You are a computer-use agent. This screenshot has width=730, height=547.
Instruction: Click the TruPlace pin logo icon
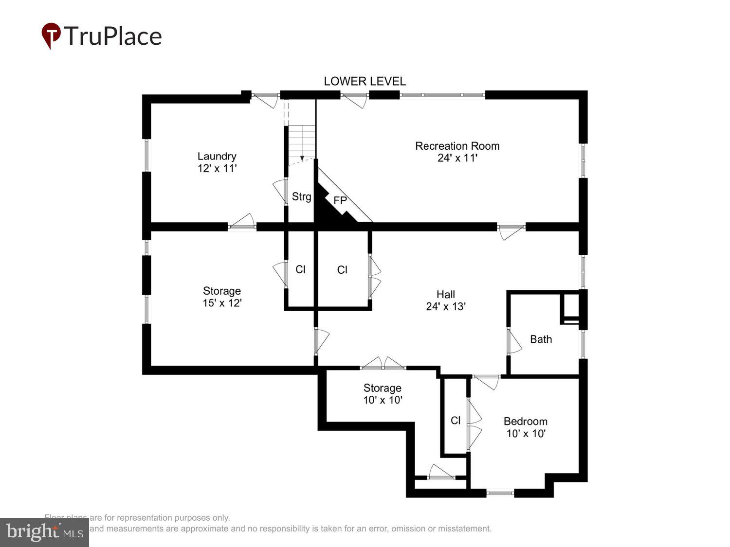tap(51, 35)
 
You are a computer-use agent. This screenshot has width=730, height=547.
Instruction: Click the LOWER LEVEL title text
tap(365, 81)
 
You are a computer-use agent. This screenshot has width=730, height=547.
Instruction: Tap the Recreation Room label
tap(457, 146)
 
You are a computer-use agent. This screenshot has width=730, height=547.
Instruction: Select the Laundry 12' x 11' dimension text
tap(217, 168)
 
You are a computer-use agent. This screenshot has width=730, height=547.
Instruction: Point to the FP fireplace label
tap(340, 200)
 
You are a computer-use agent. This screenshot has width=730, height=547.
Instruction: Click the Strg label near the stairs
tap(301, 196)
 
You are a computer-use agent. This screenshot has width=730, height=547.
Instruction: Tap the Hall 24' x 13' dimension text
tap(446, 306)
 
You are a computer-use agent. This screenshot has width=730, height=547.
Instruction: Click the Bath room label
tap(541, 339)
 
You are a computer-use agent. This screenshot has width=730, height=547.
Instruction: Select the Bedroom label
tap(525, 422)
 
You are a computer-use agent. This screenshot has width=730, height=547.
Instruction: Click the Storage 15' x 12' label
tap(222, 297)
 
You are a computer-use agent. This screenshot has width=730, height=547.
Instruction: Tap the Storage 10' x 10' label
tap(383, 394)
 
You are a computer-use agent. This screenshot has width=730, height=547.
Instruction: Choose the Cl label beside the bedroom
tap(456, 421)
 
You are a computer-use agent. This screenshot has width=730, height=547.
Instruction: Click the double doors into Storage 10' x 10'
tap(383, 364)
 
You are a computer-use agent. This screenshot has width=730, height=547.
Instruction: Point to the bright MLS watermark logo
tap(44, 532)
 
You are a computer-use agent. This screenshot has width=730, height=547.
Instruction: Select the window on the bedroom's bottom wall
tap(500, 493)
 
